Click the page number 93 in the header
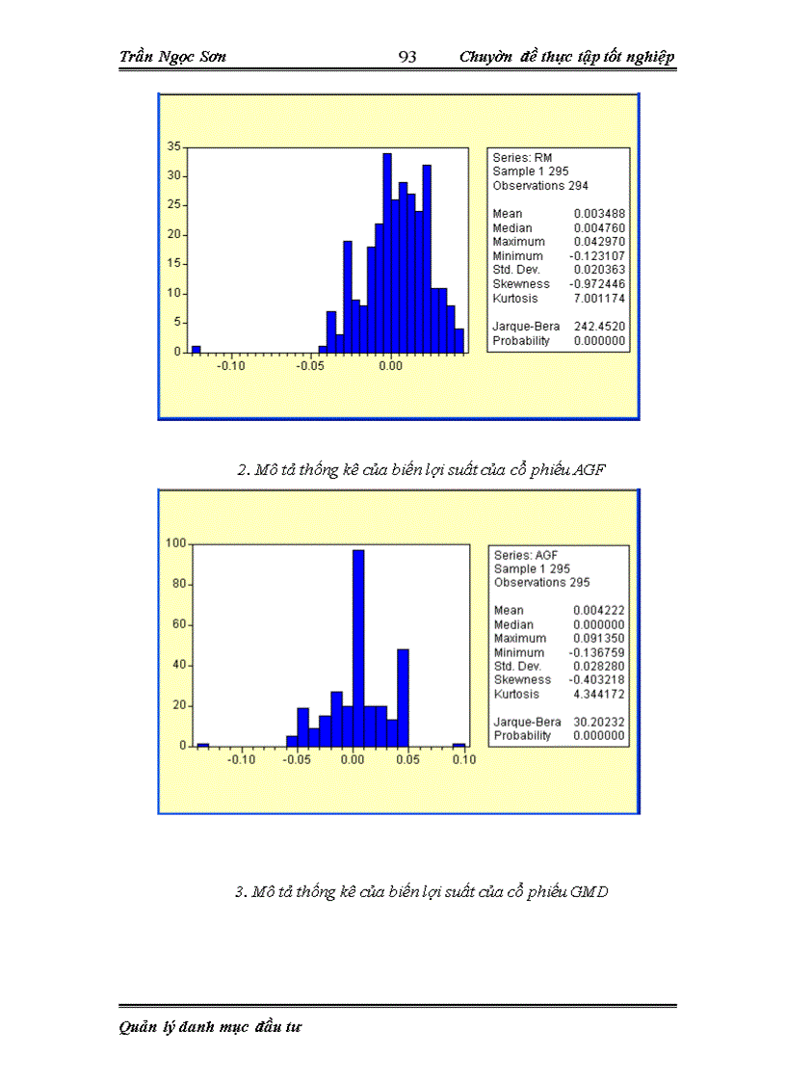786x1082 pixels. pyautogui.click(x=406, y=57)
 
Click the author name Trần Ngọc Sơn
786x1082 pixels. pyautogui.click(x=173, y=57)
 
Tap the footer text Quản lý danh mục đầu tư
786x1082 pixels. pyautogui.click(x=211, y=1027)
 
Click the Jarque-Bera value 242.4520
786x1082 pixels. pyautogui.click(x=599, y=327)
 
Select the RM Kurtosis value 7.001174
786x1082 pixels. pyautogui.click(x=599, y=299)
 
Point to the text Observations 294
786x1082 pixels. pyautogui.click(x=540, y=185)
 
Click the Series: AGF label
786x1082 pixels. pyautogui.click(x=526, y=555)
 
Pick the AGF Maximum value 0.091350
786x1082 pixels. pyautogui.click(x=599, y=638)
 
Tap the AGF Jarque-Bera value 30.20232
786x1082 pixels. pyautogui.click(x=599, y=722)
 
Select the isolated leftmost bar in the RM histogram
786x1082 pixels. pyautogui.click(x=196, y=349)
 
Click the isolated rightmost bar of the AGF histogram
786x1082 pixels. pyautogui.click(x=459, y=744)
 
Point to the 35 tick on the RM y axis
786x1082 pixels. pyautogui.click(x=174, y=146)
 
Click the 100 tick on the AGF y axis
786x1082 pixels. pyautogui.click(x=176, y=542)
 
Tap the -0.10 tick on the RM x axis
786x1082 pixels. pyautogui.click(x=230, y=366)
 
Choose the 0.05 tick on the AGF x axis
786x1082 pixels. pyautogui.click(x=408, y=759)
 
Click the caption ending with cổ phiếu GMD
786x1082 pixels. pyautogui.click(x=422, y=892)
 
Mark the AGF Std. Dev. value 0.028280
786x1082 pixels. pyautogui.click(x=599, y=666)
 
